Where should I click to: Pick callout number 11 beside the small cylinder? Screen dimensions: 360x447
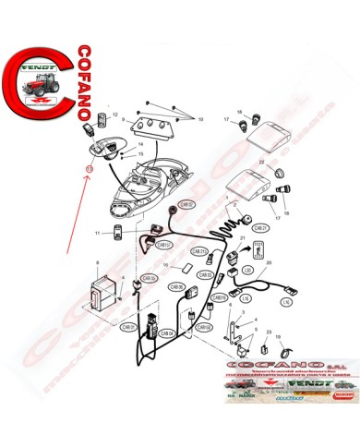pyautogui.click(x=97, y=235)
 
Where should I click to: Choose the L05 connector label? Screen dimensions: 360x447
pyautogui.click(x=247, y=270)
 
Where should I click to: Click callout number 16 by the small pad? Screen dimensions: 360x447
pyautogui.click(x=165, y=266)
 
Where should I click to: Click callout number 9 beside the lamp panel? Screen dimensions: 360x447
pyautogui.click(x=123, y=121)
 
